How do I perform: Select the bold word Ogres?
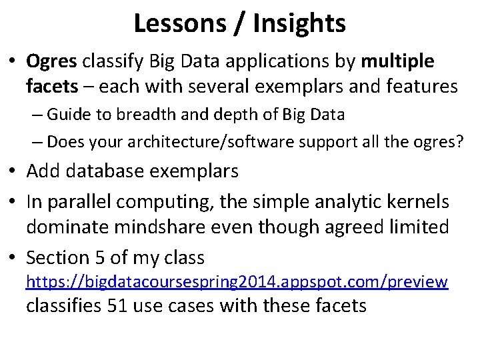click(x=53, y=61)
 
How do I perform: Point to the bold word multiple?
click(x=397, y=61)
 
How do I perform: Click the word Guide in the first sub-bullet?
click(x=69, y=114)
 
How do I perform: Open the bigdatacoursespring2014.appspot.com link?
click(x=237, y=282)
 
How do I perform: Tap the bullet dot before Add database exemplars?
click(x=14, y=171)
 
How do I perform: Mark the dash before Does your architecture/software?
click(x=37, y=141)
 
